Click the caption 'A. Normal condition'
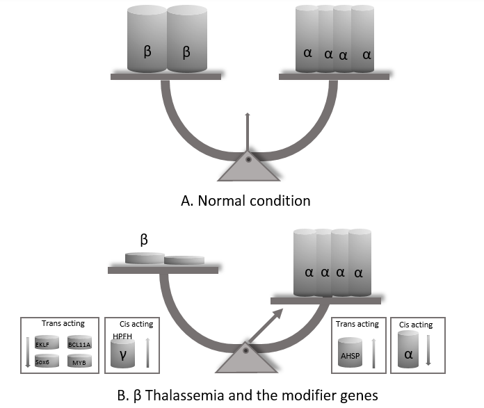click(x=245, y=201)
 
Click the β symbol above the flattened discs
click(x=145, y=239)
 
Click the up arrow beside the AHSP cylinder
click(x=374, y=351)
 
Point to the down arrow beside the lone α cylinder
click(x=428, y=350)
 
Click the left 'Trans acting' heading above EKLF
click(x=63, y=324)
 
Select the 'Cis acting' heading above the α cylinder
click(x=417, y=325)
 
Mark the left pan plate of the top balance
click(x=166, y=76)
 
